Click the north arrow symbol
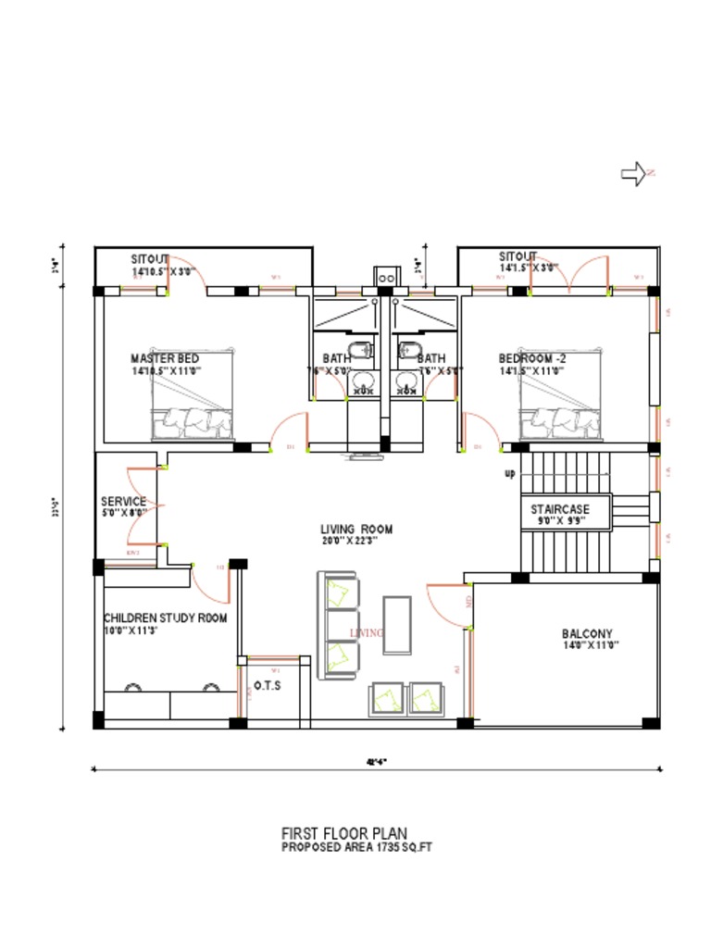(x=635, y=173)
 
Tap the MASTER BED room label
(x=165, y=358)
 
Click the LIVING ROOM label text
(x=357, y=530)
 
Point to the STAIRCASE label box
(x=559, y=510)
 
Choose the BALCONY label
(x=587, y=634)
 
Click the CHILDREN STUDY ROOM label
(x=165, y=617)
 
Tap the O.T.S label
(x=268, y=686)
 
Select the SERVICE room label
(x=123, y=502)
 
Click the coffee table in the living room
(x=397, y=625)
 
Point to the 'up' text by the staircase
(x=510, y=474)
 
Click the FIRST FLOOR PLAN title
(x=343, y=834)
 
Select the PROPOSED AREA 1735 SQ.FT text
(x=356, y=847)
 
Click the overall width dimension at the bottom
(x=376, y=763)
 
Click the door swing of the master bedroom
(x=290, y=430)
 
